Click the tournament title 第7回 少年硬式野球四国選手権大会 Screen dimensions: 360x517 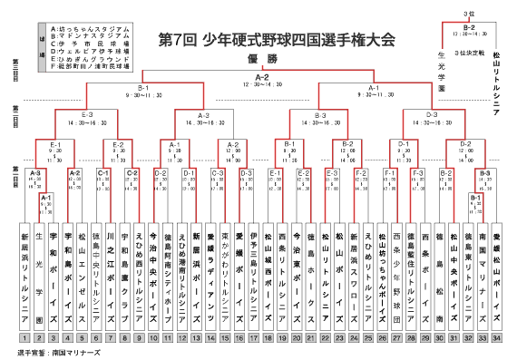[x=278, y=41]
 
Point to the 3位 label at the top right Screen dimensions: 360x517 [x=469, y=14]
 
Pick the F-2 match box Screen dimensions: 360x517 [x=361, y=172]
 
